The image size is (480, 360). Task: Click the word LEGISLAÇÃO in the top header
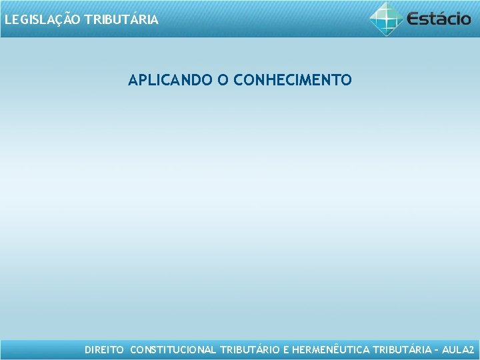click(43, 20)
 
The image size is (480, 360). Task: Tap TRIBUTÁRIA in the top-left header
click(121, 20)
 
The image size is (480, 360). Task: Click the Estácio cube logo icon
click(387, 19)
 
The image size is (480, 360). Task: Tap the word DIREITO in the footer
click(104, 349)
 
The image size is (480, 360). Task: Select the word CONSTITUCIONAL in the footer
click(173, 349)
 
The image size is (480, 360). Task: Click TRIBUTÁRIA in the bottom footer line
click(402, 349)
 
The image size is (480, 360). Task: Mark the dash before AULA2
click(437, 349)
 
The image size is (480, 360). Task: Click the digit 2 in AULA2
click(471, 349)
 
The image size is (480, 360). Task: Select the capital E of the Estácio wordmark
click(414, 19)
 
